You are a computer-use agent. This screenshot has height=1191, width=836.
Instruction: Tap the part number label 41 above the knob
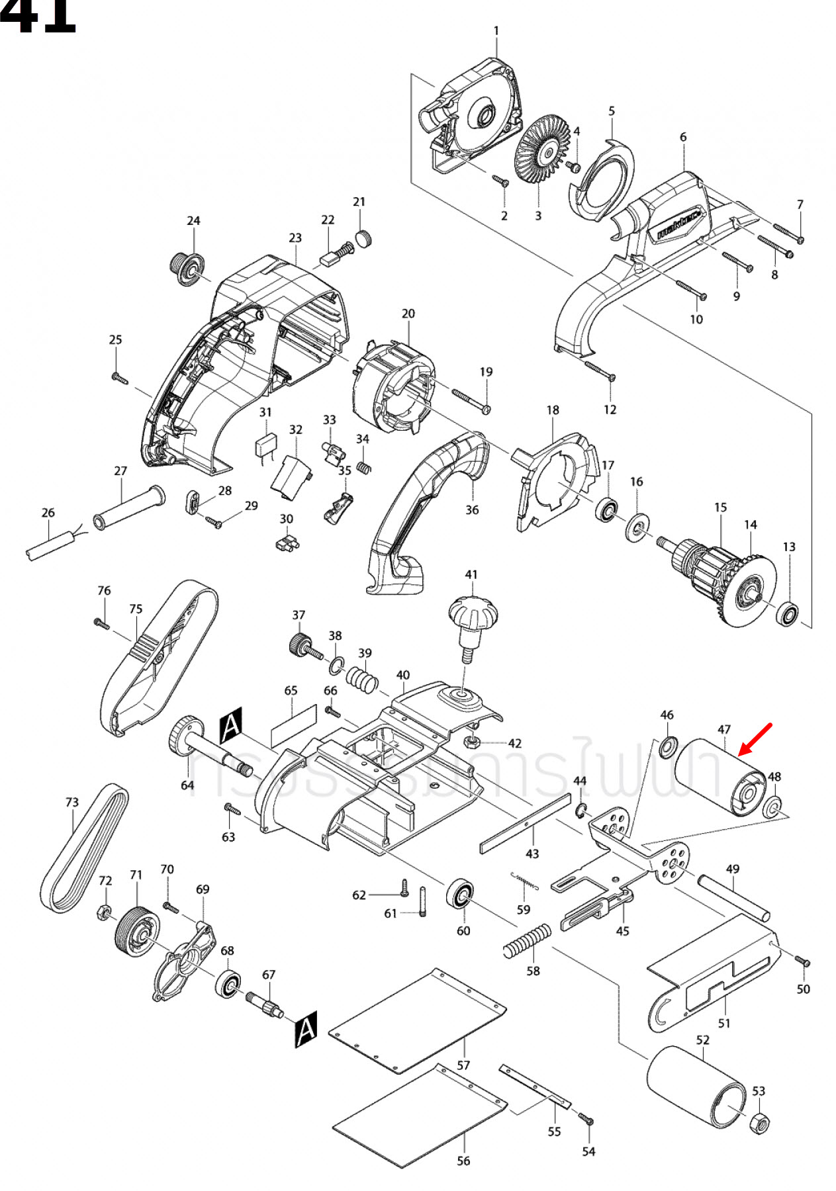coord(471,574)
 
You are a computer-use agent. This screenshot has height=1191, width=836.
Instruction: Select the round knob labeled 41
coord(472,615)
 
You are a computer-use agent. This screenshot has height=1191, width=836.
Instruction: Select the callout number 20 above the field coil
coord(408,314)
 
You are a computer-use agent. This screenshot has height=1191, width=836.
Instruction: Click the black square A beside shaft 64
coord(231,725)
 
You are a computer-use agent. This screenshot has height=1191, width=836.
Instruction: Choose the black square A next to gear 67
coord(305,1029)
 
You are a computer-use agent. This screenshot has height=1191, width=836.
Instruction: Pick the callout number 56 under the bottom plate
coord(463,1161)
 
